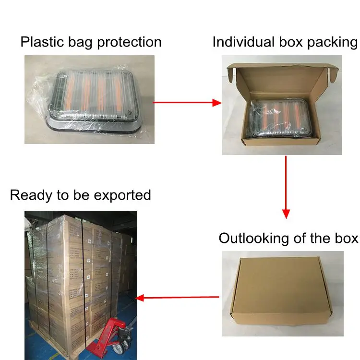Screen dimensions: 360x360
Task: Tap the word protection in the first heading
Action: pyautogui.click(x=129, y=42)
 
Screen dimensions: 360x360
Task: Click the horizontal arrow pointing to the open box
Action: pyautogui.click(x=187, y=102)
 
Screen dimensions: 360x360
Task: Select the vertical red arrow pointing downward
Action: pyautogui.click(x=286, y=187)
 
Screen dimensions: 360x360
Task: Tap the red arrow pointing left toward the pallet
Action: pyautogui.click(x=178, y=298)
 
